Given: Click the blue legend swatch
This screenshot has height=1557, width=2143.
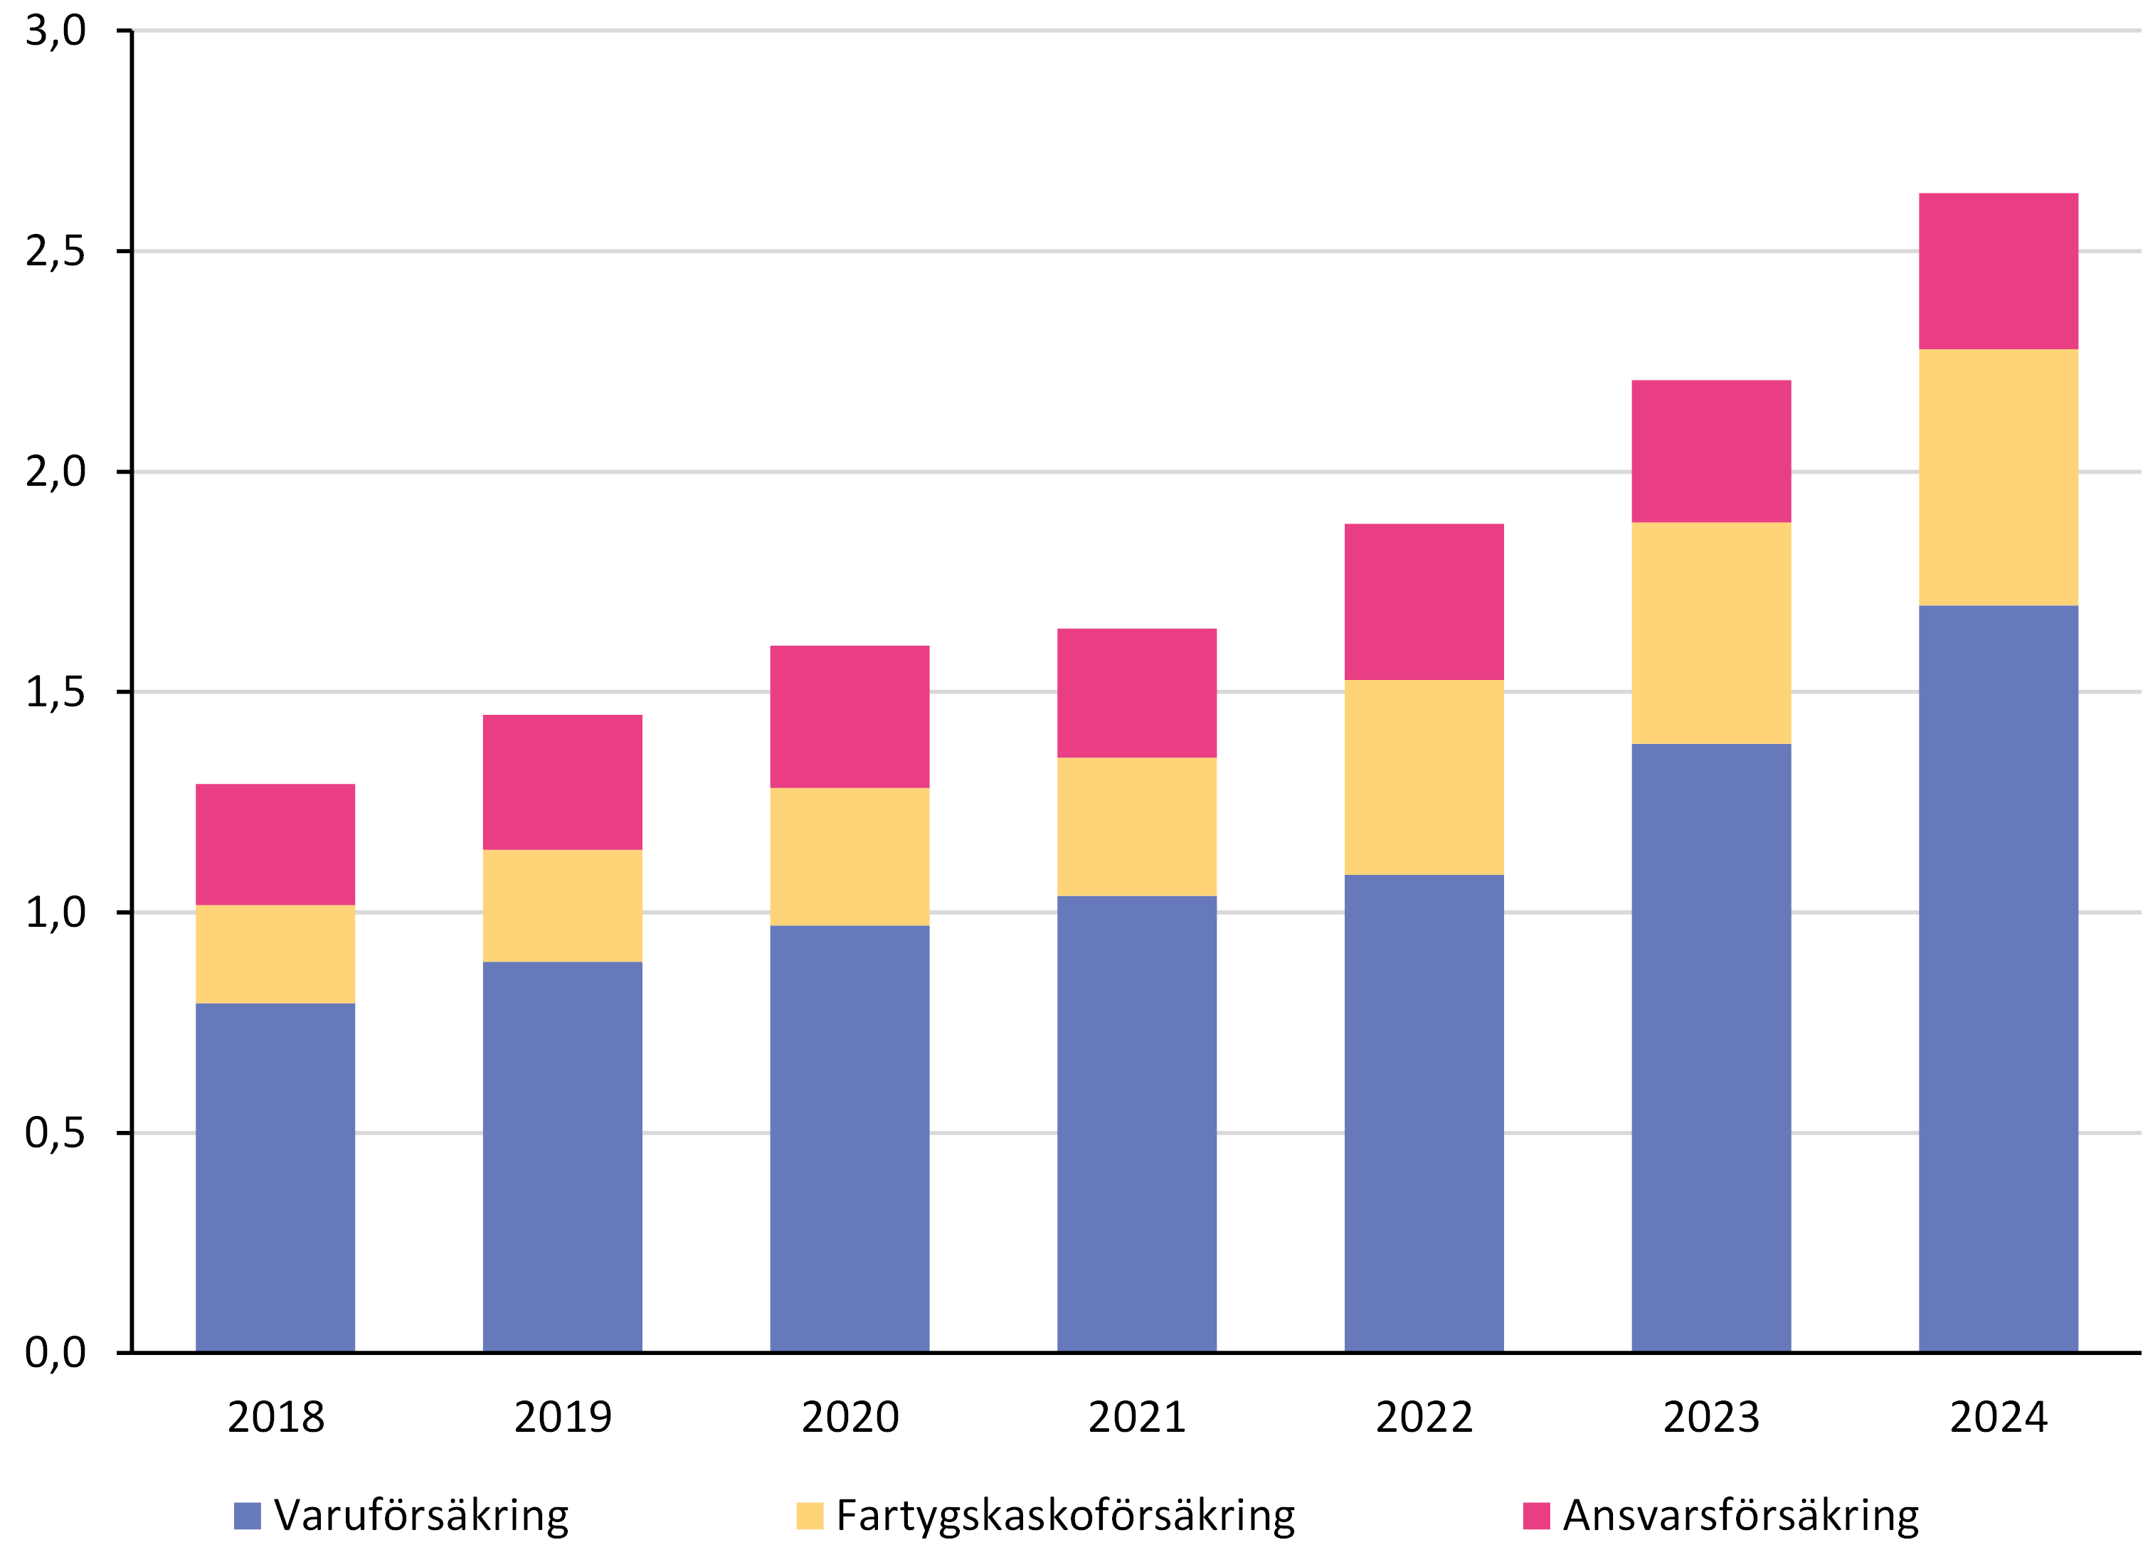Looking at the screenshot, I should tap(248, 1516).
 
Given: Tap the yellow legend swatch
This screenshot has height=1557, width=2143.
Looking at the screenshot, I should tap(810, 1516).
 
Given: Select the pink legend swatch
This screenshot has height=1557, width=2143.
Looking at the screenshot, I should tap(1536, 1516).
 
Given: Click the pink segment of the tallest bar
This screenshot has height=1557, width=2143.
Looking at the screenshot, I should tap(1999, 271).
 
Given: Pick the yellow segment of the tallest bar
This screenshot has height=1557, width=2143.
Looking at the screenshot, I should tap(1999, 477).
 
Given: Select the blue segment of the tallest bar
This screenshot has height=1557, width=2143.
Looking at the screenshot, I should tap(1999, 978).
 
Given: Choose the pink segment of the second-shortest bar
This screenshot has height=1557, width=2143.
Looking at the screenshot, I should tap(562, 782).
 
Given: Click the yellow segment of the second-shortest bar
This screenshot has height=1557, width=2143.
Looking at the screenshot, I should tap(562, 906).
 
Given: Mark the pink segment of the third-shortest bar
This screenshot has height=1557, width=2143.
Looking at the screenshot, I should tap(850, 716).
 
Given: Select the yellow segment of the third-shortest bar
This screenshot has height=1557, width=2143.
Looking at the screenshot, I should tap(850, 857).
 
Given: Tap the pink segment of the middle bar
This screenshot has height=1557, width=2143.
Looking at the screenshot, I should tap(1137, 693).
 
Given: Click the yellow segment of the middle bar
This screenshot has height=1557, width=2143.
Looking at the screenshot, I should tap(1137, 827).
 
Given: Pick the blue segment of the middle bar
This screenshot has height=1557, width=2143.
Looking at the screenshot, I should tap(1137, 1123).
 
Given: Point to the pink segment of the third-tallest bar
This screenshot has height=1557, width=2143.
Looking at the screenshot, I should tap(1424, 602).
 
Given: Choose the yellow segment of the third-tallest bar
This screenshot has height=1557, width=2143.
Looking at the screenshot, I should tap(1424, 777).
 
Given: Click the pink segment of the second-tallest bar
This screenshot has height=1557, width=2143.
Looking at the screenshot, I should tap(1711, 452).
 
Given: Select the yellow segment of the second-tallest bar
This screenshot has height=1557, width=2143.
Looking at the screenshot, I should tap(1711, 633).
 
